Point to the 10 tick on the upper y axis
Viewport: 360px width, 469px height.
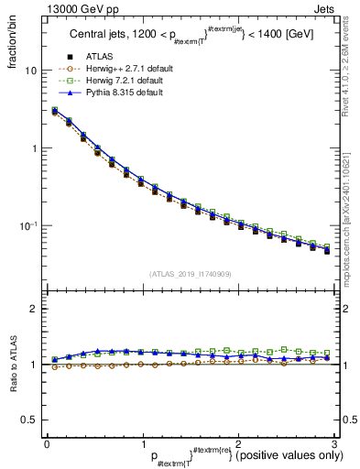[32, 71]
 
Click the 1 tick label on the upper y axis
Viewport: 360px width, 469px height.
[35, 148]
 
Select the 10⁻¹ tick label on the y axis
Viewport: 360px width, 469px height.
[29, 225]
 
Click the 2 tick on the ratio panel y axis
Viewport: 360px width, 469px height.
[35, 310]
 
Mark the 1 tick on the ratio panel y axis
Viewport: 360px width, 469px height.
[35, 365]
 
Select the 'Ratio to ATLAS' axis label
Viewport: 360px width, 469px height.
[13, 366]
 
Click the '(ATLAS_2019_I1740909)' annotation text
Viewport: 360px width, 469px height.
[189, 274]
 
